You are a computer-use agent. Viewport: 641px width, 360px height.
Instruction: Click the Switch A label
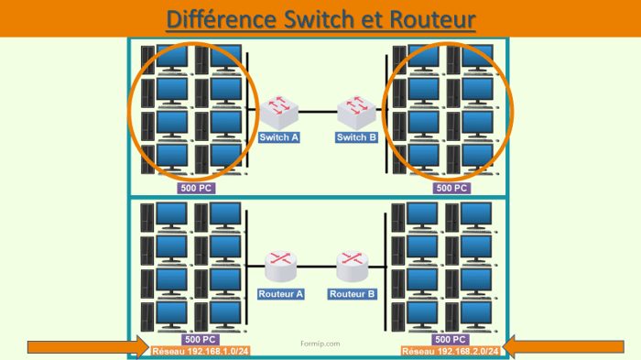click(x=280, y=138)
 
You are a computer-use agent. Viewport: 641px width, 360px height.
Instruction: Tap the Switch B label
click(x=356, y=138)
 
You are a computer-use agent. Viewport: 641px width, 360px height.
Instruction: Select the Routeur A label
click(x=280, y=294)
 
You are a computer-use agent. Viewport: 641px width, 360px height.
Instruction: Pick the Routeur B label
click(x=353, y=294)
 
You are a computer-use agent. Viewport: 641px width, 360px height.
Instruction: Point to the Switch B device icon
click(x=356, y=112)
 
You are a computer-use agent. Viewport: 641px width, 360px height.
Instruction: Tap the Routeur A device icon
click(x=280, y=267)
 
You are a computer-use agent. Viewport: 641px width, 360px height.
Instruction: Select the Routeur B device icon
click(x=353, y=267)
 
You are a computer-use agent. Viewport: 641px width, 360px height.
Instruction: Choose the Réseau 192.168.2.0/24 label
click(x=451, y=351)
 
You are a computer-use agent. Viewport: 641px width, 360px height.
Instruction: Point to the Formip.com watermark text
click(x=320, y=344)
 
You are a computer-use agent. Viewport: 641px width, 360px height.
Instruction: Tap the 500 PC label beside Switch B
click(x=450, y=188)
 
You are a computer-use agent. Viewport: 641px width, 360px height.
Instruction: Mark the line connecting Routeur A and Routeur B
click(x=317, y=267)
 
